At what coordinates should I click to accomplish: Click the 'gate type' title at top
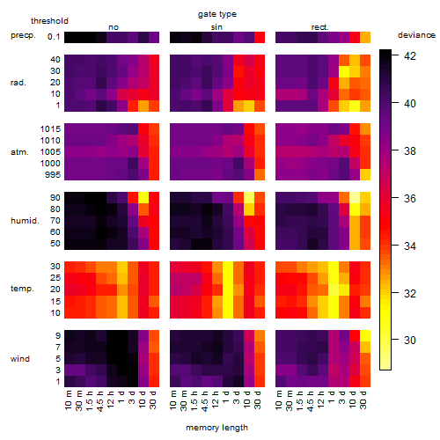tap(217, 14)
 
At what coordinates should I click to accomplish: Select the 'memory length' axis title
tap(217, 428)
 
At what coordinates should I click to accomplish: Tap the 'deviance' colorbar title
tap(416, 35)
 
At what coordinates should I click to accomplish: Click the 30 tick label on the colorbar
tap(410, 341)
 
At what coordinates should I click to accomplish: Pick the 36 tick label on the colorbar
tap(410, 198)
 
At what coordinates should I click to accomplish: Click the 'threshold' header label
tap(49, 21)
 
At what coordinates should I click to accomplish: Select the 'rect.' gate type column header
tap(319, 27)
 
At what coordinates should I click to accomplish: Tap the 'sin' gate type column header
tap(216, 27)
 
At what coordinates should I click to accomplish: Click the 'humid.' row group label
tap(25, 221)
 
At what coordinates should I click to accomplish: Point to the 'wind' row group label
tap(20, 359)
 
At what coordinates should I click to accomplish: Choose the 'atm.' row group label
tap(19, 152)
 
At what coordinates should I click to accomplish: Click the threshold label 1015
tap(50, 129)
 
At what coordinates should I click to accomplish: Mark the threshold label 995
tap(53, 175)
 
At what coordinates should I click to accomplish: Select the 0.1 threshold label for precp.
tap(54, 37)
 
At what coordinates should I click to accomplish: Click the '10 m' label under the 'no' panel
tap(68, 400)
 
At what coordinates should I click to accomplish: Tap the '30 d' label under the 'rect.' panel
tap(363, 400)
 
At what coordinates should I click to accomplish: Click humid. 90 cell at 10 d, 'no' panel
tap(143, 198)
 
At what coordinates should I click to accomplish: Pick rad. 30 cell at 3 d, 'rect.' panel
tap(344, 71)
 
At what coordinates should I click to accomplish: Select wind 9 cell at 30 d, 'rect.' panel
tap(365, 335)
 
